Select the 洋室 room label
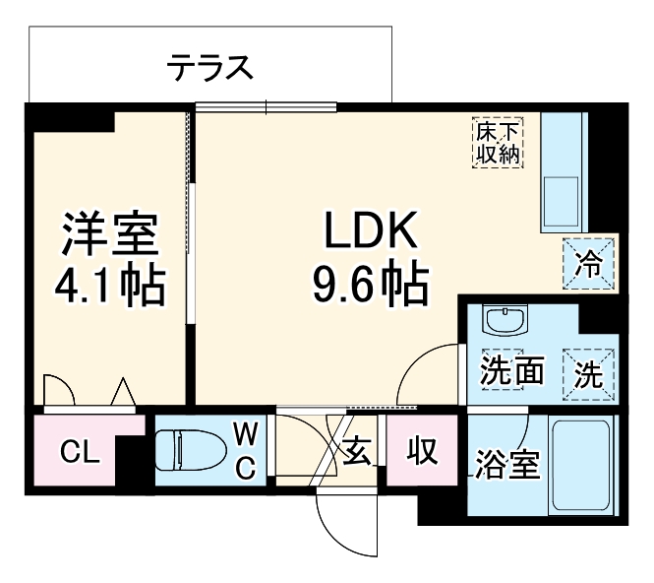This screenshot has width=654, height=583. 108,235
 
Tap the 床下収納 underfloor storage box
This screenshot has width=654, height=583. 499,142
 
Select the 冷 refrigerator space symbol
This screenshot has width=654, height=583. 588,263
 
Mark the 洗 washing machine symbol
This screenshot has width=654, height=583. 589,374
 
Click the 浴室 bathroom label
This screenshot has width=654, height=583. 508,464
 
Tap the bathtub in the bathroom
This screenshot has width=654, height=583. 581,463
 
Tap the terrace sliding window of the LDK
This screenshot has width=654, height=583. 267,106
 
